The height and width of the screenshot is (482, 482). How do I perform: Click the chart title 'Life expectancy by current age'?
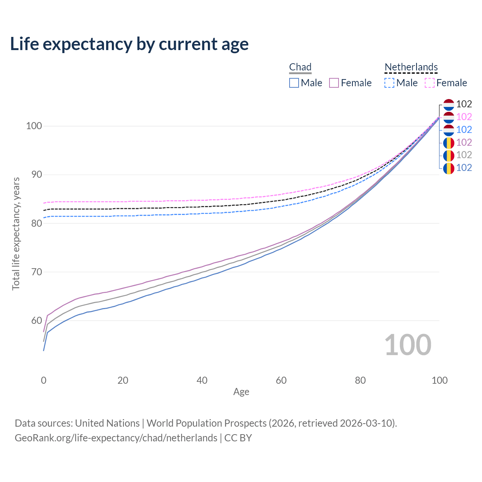tap(129, 44)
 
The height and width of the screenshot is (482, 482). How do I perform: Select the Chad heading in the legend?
tap(300, 67)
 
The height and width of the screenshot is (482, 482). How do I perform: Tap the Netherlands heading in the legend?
tap(411, 67)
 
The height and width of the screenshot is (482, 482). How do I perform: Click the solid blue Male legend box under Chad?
tap(294, 83)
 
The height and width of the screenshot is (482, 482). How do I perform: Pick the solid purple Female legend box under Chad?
tap(334, 83)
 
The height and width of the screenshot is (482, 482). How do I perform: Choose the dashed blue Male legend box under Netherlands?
tap(389, 83)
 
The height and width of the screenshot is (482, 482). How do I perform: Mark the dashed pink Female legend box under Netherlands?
tap(430, 83)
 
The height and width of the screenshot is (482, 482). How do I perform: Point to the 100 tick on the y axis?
tap(34, 126)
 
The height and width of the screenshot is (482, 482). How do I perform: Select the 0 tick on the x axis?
tap(44, 380)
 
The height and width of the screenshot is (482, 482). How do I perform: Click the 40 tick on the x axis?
tap(202, 380)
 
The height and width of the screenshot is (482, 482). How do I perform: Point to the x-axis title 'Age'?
tap(241, 392)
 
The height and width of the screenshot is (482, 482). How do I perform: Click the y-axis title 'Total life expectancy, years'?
tap(16, 233)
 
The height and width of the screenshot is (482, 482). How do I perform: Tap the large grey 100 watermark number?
tap(407, 345)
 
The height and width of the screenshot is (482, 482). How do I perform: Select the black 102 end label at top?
tap(464, 104)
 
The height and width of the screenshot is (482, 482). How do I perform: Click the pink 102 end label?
tap(464, 117)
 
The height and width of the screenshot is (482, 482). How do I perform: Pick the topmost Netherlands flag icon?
tap(448, 104)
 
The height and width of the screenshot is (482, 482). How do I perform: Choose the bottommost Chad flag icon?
tap(448, 168)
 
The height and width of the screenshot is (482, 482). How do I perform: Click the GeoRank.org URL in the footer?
tap(116, 438)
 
